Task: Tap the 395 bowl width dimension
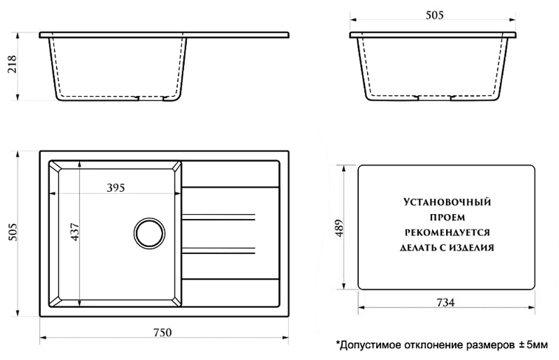coord(115,188)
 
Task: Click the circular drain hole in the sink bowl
coord(149,232)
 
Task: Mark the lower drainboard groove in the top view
coord(219,249)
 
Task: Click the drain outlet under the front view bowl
coord(151,98)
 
